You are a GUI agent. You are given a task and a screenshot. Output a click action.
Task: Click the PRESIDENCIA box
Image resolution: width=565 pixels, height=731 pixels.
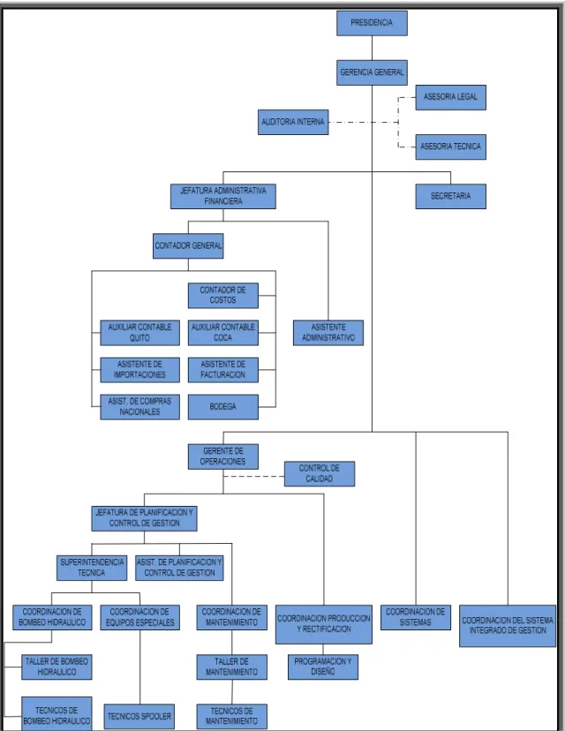click(x=372, y=23)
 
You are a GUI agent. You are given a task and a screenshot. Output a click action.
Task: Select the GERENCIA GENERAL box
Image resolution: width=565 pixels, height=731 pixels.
click(x=372, y=72)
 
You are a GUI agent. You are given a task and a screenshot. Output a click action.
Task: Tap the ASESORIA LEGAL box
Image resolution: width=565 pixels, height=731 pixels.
click(x=451, y=97)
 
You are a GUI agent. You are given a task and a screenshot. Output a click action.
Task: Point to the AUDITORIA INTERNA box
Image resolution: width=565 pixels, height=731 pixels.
click(x=293, y=122)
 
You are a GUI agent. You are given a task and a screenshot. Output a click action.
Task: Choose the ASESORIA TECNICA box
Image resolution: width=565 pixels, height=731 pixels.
click(x=451, y=147)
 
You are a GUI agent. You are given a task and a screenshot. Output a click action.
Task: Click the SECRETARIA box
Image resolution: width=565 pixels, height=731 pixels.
click(x=451, y=196)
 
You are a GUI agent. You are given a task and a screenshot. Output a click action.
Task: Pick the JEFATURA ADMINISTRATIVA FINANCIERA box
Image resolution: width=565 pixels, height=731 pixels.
click(x=222, y=196)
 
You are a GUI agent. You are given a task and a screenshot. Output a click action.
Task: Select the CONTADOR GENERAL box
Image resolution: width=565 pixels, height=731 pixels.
click(x=188, y=245)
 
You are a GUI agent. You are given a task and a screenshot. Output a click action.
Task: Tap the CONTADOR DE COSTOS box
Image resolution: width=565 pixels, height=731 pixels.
click(x=223, y=295)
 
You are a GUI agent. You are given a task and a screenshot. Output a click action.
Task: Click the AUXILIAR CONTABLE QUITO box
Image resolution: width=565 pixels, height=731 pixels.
click(x=139, y=333)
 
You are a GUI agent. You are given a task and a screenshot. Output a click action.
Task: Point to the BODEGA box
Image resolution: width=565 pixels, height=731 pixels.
click(x=223, y=407)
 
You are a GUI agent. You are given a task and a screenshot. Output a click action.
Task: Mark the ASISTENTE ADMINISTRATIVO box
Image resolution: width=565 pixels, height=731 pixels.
click(x=328, y=333)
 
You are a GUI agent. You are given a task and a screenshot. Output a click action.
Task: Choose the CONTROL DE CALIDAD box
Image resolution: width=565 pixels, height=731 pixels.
click(x=320, y=474)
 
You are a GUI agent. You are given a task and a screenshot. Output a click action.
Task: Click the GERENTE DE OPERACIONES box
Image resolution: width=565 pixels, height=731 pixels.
click(x=223, y=456)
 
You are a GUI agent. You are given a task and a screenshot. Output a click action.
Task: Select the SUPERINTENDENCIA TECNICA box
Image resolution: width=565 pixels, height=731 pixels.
click(x=92, y=568)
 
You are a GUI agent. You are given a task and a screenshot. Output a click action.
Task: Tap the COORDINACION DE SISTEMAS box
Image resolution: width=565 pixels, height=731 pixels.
click(x=416, y=617)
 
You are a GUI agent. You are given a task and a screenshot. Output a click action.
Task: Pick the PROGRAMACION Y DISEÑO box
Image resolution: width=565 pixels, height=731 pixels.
click(x=323, y=667)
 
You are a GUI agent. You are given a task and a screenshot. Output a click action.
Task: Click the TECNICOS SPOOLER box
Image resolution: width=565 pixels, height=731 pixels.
click(x=139, y=717)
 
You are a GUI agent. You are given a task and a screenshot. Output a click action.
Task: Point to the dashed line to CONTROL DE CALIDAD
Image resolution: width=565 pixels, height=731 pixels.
click(x=253, y=477)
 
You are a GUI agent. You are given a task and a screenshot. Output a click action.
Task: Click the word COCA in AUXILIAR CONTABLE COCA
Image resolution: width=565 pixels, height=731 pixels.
click(x=222, y=337)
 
